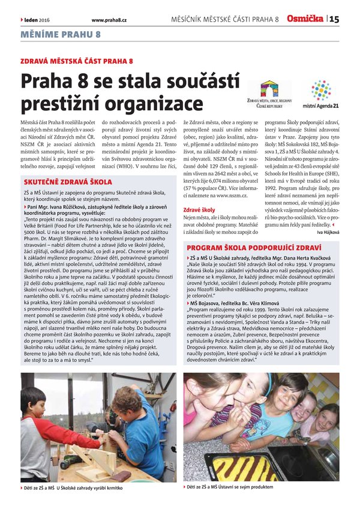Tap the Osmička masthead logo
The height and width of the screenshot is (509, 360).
[304, 19]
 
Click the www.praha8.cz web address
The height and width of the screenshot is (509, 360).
[109, 20]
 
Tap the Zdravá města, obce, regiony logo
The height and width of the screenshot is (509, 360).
[269, 96]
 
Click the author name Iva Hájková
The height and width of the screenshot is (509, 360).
[327, 231]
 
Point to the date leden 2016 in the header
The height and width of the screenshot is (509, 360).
[37, 20]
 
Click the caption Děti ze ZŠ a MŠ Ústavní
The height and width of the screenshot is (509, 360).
[230, 487]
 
